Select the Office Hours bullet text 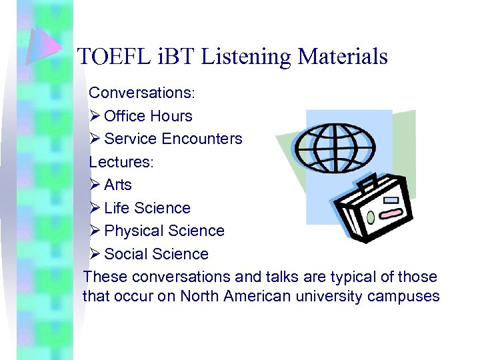point(148,116)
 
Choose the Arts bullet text point(118,185)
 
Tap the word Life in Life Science point(117,208)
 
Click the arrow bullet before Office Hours point(95,116)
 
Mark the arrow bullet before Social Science point(95,254)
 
